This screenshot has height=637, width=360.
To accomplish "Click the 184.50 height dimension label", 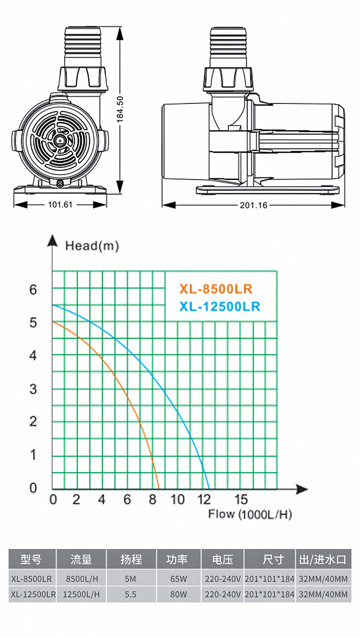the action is tap(120, 109).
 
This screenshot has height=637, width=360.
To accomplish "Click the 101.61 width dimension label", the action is tap(60, 205).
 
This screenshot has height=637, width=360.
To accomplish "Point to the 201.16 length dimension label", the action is tap(254, 205).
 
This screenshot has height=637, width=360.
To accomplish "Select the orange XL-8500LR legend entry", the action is tap(216, 289).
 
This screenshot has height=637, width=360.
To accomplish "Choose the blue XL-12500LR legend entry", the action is tap(220, 307).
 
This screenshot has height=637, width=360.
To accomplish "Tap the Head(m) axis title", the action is tap(92, 246).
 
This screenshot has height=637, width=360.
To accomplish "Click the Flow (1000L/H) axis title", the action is tap(250, 514).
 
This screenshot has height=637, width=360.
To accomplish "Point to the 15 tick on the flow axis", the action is tap(241, 500).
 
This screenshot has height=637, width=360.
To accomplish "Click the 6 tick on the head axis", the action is tap(33, 290).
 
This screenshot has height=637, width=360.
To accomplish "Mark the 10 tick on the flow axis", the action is tap(177, 500).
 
